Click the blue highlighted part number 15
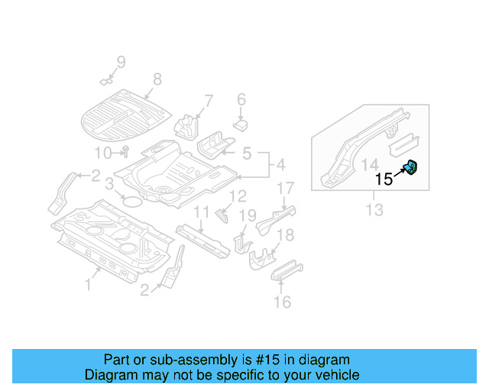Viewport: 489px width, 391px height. (x=412, y=166)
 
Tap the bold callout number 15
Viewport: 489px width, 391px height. (x=384, y=179)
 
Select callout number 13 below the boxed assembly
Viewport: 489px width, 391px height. (x=372, y=207)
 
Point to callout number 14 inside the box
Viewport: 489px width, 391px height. (x=369, y=163)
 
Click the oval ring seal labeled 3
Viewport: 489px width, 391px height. (x=132, y=202)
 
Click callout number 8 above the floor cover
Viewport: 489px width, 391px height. (x=157, y=79)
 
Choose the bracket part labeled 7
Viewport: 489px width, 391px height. (x=187, y=124)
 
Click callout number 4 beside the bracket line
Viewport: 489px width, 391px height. (x=280, y=164)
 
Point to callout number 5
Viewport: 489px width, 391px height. (x=246, y=153)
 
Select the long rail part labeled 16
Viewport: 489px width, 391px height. (x=287, y=271)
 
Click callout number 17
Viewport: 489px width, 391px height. (x=285, y=188)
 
